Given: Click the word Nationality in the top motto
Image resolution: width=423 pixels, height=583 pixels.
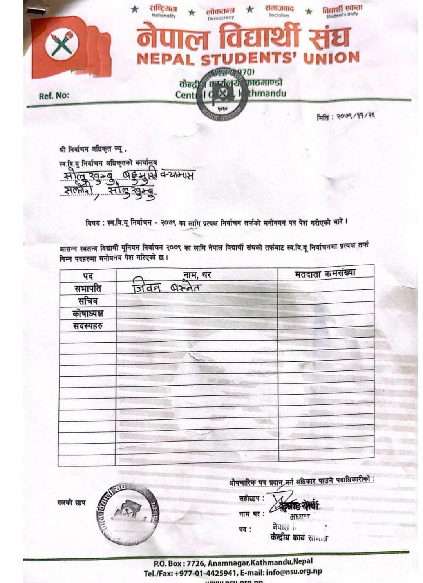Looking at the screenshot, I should tap(164, 16).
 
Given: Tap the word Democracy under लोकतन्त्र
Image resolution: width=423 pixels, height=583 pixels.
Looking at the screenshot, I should tap(221, 18).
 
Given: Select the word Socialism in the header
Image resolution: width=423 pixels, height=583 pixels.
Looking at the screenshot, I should tap(279, 16).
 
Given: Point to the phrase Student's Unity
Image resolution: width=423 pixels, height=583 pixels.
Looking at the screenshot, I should tap(342, 14).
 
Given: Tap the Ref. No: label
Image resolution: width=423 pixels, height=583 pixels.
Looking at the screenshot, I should tap(54, 95).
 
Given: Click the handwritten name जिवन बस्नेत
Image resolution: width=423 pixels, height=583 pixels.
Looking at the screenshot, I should tap(166, 288).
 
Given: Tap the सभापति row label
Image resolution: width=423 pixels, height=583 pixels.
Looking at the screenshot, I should tap(88, 289).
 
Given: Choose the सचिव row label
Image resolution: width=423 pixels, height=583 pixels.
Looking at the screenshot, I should tap(87, 301).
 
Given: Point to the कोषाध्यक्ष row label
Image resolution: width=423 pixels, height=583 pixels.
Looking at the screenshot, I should tap(88, 313).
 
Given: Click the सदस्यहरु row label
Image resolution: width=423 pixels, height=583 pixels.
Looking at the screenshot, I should tap(88, 326).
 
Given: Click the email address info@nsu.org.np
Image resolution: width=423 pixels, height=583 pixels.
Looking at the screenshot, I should tap(294, 572).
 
